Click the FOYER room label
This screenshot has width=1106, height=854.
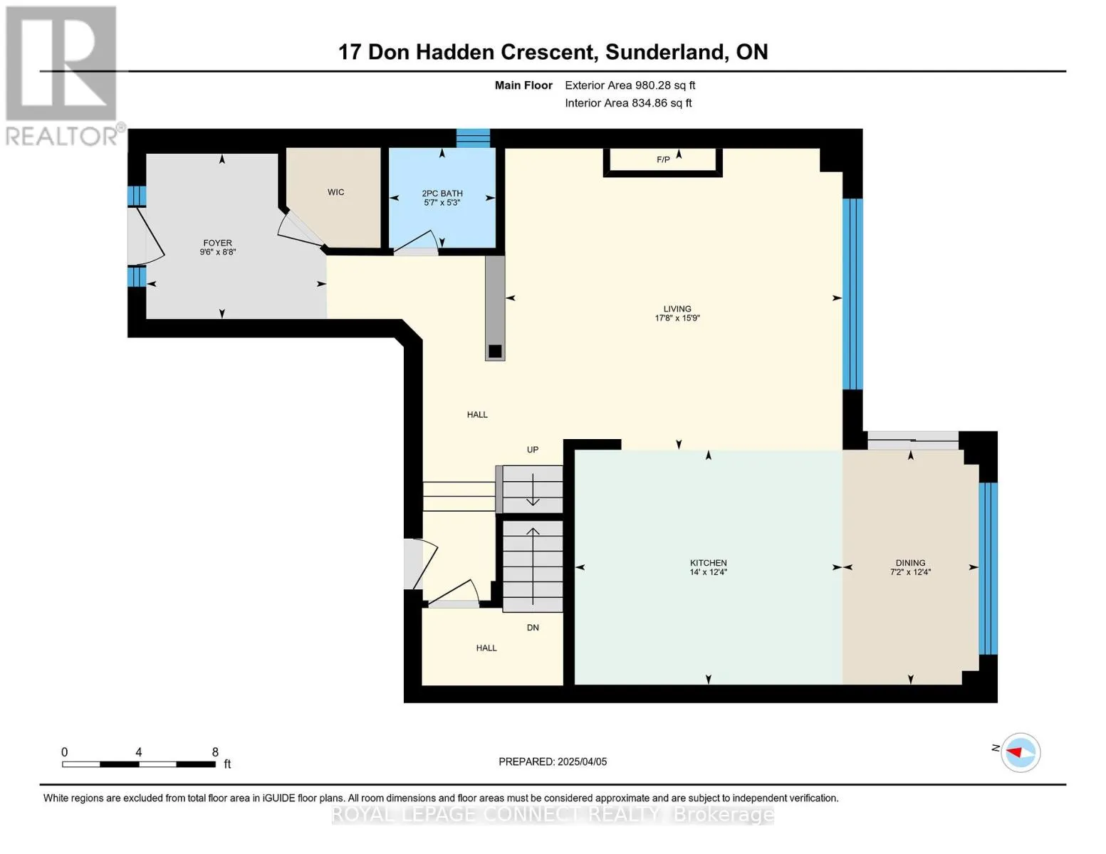click(217, 243)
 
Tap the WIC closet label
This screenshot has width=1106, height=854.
click(335, 191)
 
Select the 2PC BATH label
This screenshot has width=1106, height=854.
click(442, 194)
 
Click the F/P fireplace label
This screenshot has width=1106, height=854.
click(663, 159)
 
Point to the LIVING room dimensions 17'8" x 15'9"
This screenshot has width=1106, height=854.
click(677, 318)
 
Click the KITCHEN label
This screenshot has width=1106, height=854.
click(708, 562)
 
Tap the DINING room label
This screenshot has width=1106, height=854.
click(910, 562)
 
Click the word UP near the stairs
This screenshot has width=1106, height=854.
click(533, 450)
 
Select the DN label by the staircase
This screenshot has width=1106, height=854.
click(533, 628)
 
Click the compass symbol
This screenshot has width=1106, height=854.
click(1020, 753)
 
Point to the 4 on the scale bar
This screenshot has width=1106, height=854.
click(138, 752)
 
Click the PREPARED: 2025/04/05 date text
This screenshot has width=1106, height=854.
click(552, 761)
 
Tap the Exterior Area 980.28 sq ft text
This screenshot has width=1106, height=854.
click(630, 85)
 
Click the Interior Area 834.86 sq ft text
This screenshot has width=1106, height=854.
click(628, 103)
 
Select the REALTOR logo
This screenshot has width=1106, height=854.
click(63, 76)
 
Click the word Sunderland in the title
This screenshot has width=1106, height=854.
click(664, 53)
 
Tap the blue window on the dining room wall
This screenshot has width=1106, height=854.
click(988, 568)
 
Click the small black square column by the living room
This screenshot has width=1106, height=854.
click(495, 351)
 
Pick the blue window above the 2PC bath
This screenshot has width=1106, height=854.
click(473, 138)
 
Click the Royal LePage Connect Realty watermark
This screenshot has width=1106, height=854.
click(552, 814)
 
